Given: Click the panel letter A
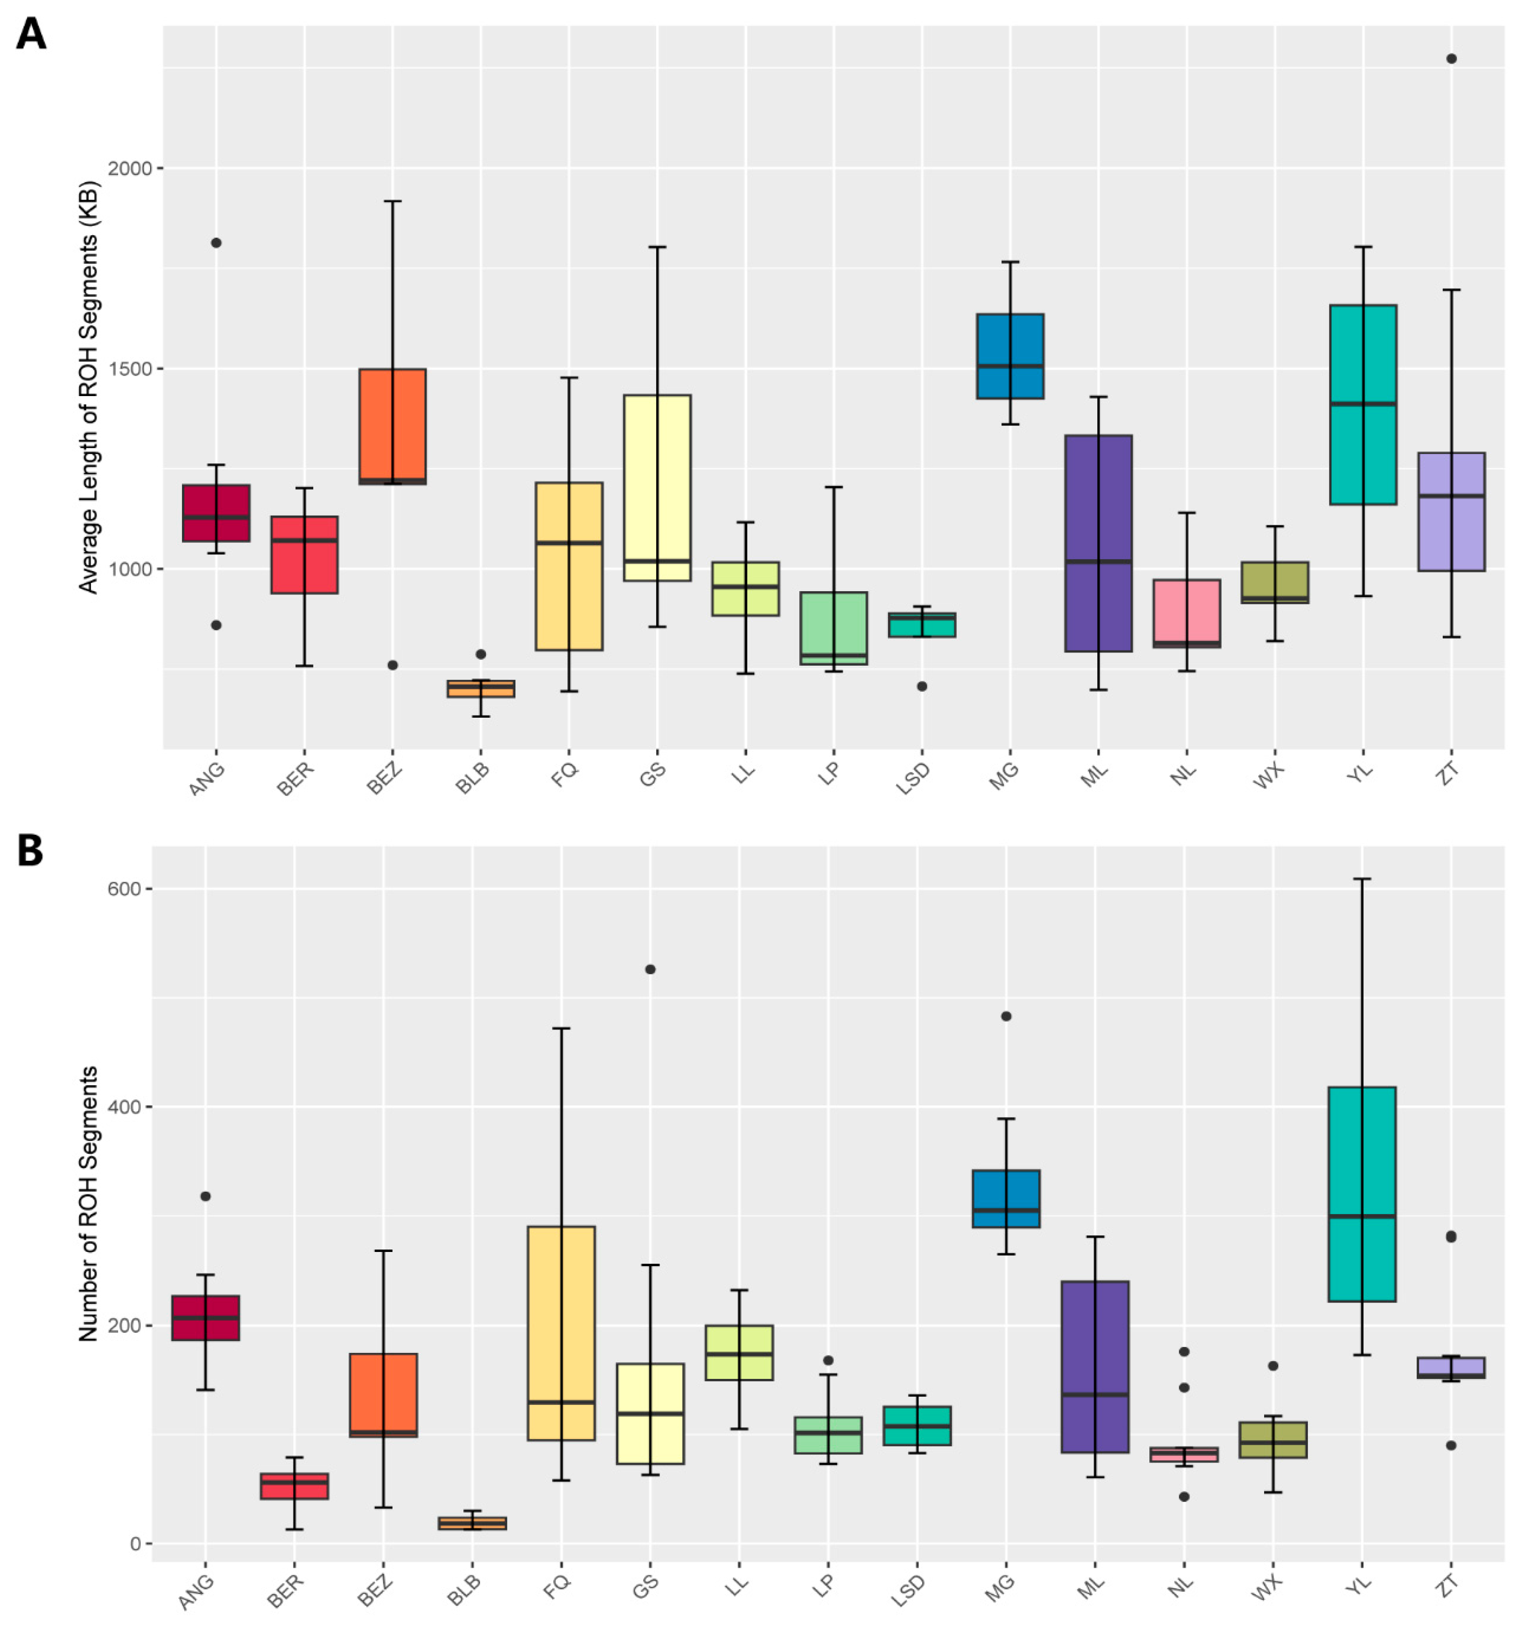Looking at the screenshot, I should pos(30,35).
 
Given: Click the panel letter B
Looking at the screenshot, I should pos(30,851).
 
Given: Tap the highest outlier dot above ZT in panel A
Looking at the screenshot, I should pos(1451,59).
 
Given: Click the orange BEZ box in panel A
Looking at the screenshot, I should pos(393,425).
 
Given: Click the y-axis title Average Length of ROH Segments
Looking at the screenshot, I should pos(88,387).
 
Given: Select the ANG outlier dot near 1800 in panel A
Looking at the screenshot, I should pos(216,243).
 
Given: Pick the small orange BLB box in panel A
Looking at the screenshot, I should pos(481,688).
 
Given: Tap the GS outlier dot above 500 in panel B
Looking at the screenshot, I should pos(650,970).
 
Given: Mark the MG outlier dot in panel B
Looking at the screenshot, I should pos(1006,1016).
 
